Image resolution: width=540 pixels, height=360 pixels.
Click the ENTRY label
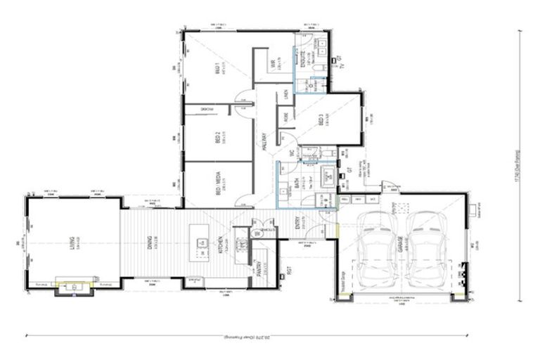click(297, 222)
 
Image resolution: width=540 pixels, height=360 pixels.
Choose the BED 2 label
click(218, 139)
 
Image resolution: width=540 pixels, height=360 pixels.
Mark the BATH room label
click(297, 182)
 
